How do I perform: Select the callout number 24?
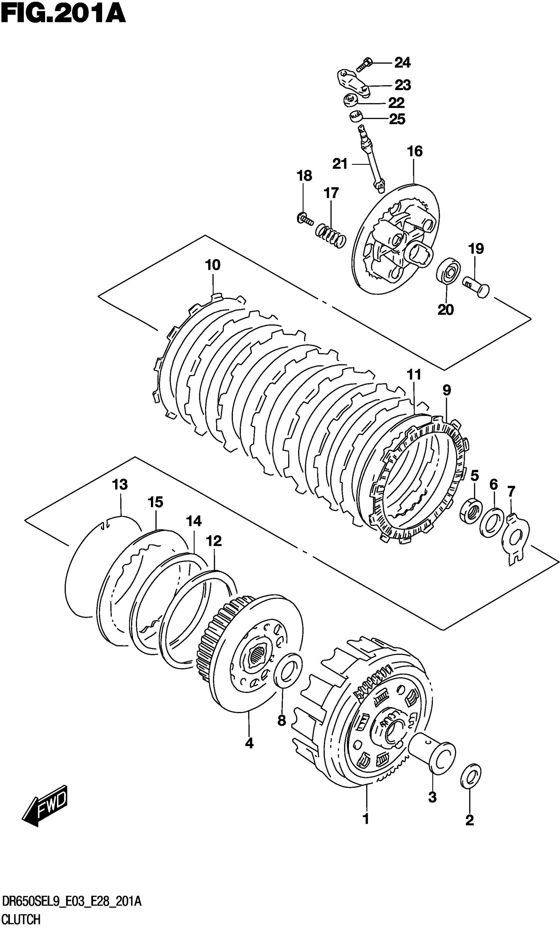click(x=402, y=63)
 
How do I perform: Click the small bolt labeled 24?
click(x=364, y=65)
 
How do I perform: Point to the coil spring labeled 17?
click(x=331, y=236)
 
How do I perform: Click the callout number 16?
click(x=415, y=151)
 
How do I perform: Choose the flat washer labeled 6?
click(x=492, y=522)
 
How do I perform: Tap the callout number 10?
click(x=213, y=265)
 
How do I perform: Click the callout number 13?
click(x=120, y=484)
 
